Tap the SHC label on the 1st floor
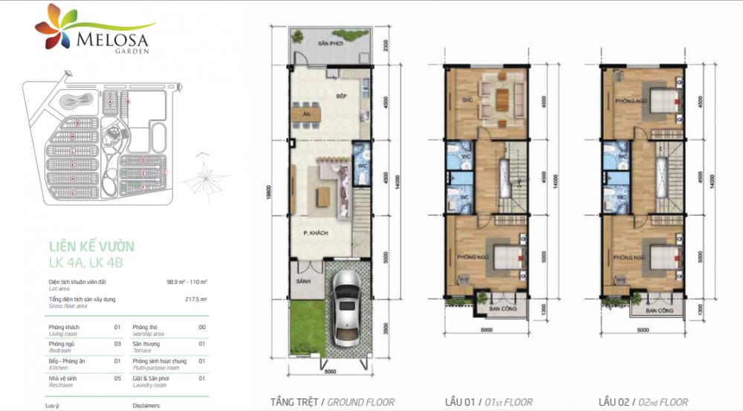[x=467, y=100]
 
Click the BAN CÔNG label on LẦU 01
[x=486, y=308]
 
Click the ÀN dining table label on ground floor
[x=306, y=114]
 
